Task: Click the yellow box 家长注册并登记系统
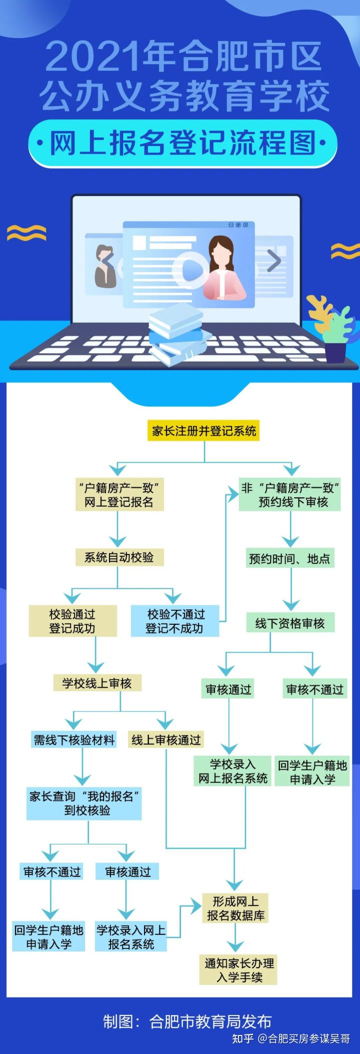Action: point(203,431)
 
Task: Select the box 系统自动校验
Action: point(119,557)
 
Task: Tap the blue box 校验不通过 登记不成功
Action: point(174,621)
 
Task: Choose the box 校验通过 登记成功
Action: point(72,621)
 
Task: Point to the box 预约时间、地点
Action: point(290,558)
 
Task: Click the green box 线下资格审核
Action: point(290,623)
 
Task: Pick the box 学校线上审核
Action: point(97,683)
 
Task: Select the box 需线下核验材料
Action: point(74,740)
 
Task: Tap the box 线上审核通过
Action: point(166,740)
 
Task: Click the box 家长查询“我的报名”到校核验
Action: point(84,803)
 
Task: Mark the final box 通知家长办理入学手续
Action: point(239,970)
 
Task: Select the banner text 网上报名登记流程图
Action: point(182,144)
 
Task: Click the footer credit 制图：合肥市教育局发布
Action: point(187,1020)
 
